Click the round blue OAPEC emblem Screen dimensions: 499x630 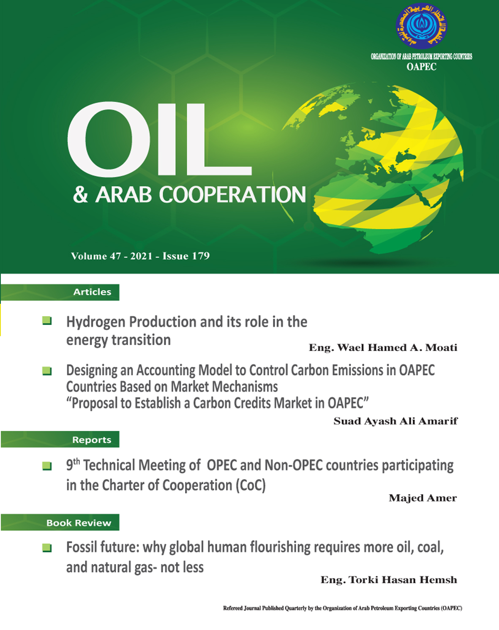[x=421, y=26]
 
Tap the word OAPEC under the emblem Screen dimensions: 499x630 [x=421, y=67]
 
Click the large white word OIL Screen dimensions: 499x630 [x=160, y=139]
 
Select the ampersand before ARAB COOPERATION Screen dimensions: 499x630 [x=81, y=194]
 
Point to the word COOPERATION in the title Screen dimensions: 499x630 [x=232, y=195]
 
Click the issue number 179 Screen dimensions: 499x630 [x=201, y=256]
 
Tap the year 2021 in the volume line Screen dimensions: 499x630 [x=142, y=256]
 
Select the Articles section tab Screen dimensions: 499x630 [x=60, y=292]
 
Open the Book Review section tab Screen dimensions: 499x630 [x=60, y=522]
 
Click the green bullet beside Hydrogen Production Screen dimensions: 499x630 [x=47, y=321]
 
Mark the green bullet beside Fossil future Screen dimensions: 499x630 [x=47, y=548]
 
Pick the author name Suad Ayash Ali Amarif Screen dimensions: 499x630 [x=395, y=421]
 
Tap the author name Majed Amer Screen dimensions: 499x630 [x=423, y=498]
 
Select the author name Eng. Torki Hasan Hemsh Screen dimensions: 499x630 [x=389, y=580]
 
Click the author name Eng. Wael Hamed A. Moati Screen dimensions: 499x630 [x=383, y=347]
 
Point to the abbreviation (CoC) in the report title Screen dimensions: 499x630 [x=251, y=485]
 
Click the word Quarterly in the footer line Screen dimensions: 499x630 [x=296, y=608]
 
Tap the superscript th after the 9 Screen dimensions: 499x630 [x=76, y=462]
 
